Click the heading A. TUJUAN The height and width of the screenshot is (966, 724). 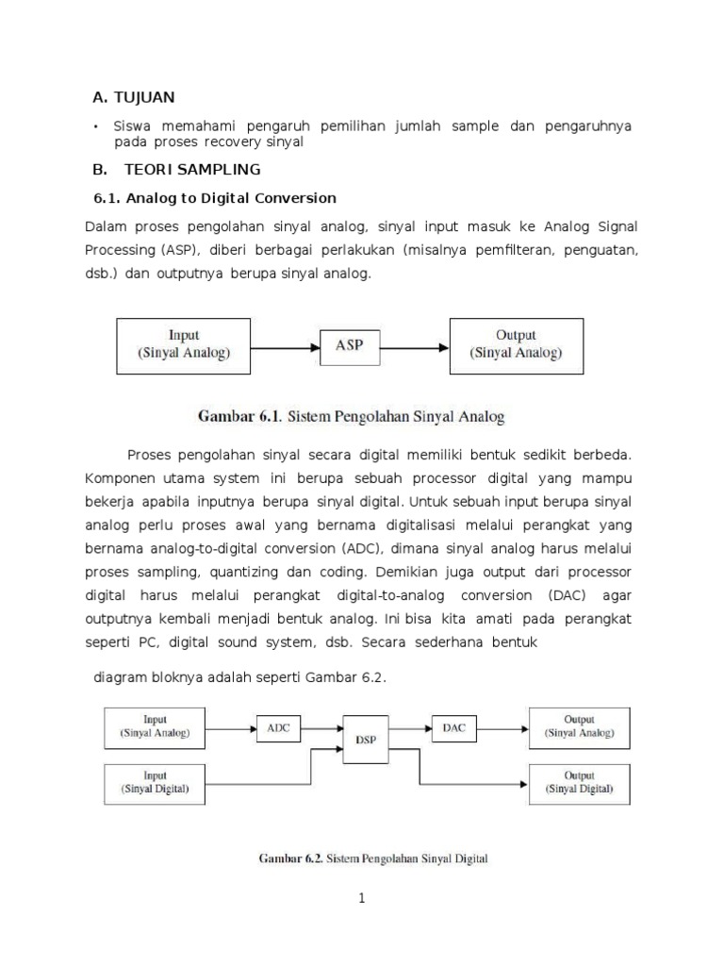pyautogui.click(x=134, y=97)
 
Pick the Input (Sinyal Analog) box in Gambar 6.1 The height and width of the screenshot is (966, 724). pyautogui.click(x=184, y=344)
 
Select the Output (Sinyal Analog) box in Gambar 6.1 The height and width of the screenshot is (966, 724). pyautogui.click(x=516, y=344)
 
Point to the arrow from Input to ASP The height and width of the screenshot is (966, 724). pyautogui.click(x=287, y=346)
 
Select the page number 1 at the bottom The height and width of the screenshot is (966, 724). pyautogui.click(x=361, y=899)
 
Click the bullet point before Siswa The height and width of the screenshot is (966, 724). pyautogui.click(x=96, y=126)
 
